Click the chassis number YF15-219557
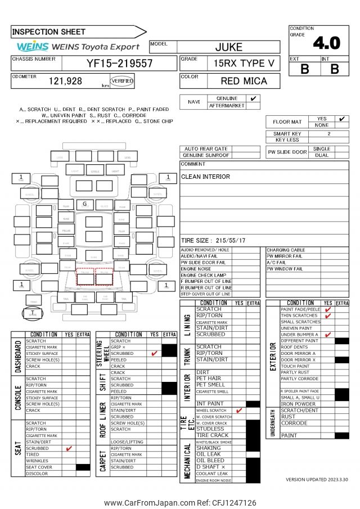coord(119,64)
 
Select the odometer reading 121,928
coord(65,81)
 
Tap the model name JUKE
coord(229,47)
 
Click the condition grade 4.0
coord(326,43)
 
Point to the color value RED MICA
coord(244,81)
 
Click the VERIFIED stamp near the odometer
coord(123,82)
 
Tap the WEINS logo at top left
coord(33,47)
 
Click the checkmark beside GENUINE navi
coord(254,98)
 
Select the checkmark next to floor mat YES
coord(341,119)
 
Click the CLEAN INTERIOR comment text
coord(205,177)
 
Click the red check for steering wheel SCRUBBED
coord(154,353)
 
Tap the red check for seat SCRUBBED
coord(69,448)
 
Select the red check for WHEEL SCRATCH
coord(239,411)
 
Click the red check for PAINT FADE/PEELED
coord(327,309)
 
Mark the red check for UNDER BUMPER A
coord(327,335)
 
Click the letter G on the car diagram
coord(84,204)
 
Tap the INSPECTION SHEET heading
coord(49,32)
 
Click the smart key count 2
coord(329,134)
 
